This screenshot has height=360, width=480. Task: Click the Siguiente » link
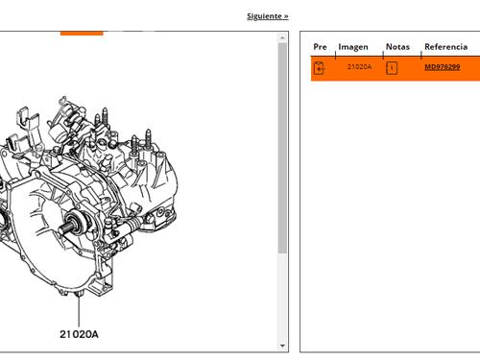(268, 16)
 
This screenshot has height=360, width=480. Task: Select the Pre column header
(320, 47)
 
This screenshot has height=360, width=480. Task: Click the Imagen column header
(353, 47)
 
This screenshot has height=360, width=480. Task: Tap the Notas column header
(397, 47)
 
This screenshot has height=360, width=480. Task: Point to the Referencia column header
(445, 47)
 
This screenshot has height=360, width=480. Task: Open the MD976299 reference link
(443, 67)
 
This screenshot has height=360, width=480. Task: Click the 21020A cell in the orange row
(359, 67)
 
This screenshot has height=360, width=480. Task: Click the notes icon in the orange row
(392, 68)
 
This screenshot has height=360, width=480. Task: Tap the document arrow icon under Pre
(320, 68)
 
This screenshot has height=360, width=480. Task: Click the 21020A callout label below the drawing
(79, 334)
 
